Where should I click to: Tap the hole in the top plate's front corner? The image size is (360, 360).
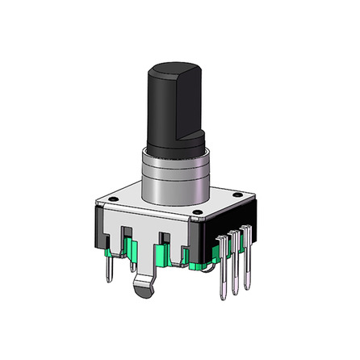[x=197, y=213]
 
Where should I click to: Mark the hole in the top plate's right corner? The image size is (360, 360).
[x=240, y=194]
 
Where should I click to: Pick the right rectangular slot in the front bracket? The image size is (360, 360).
[x=165, y=241]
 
